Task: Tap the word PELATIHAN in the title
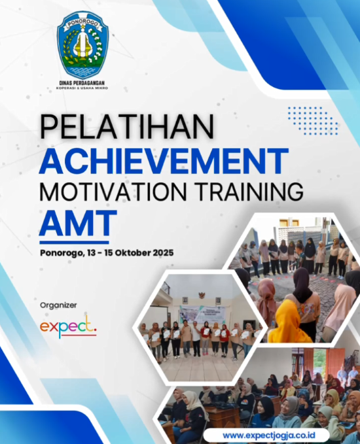tap(127, 127)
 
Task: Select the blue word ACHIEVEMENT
tap(164, 161)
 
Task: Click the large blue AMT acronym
tap(78, 223)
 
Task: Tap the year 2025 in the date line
tap(163, 252)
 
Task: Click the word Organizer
tap(58, 305)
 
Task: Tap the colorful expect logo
tap(68, 328)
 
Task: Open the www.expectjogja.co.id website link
tap(269, 435)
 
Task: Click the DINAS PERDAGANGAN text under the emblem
tap(82, 83)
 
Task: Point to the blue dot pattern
tap(313, 120)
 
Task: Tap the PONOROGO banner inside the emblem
tap(82, 24)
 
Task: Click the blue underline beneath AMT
tap(74, 243)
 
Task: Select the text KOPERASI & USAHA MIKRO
tap(82, 88)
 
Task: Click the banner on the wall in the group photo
tap(202, 314)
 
